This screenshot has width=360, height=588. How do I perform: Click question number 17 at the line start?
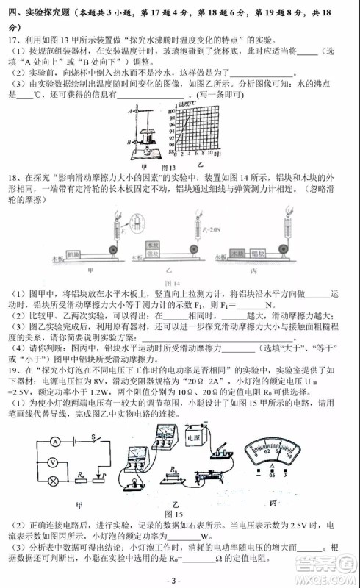coord(10,37)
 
